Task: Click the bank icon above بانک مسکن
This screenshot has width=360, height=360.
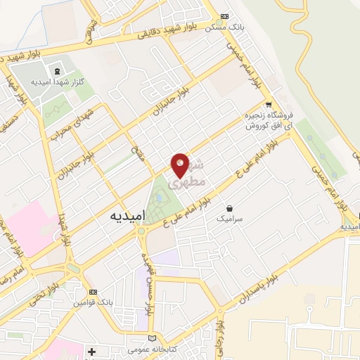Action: [x=224, y=16]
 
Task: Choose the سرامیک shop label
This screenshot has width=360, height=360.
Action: [x=229, y=219]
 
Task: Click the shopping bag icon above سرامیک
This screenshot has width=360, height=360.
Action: [x=230, y=207]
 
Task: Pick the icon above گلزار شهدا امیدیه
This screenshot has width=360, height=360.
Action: [x=56, y=70]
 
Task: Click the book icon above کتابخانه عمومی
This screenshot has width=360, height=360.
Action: [x=154, y=337]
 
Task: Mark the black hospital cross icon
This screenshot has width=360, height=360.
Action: [x=91, y=351]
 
